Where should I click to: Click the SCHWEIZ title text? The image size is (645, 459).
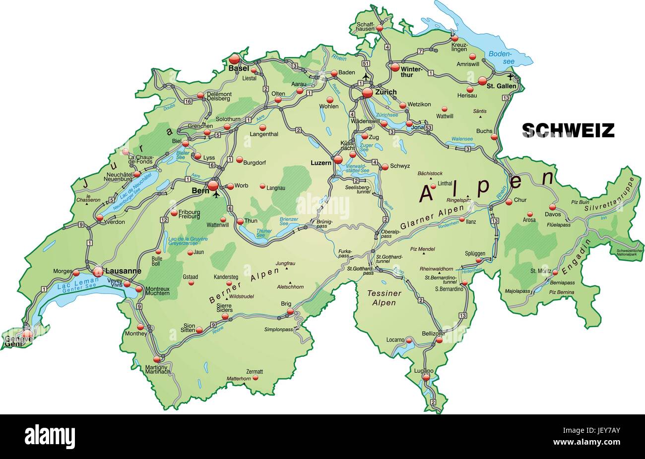pos(568,130)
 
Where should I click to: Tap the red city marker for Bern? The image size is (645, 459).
pos(213,185)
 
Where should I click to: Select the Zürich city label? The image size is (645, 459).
pos(386,92)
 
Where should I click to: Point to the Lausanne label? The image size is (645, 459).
pos(123,271)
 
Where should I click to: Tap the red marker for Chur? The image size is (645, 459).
pos(509,201)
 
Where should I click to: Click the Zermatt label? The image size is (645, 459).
pos(254,371)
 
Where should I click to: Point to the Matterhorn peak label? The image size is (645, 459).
pos(239,379)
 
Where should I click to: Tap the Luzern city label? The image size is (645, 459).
pos(321,162)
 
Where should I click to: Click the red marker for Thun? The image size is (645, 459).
pos(240,222)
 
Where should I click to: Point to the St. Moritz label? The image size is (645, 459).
pos(540,271)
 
